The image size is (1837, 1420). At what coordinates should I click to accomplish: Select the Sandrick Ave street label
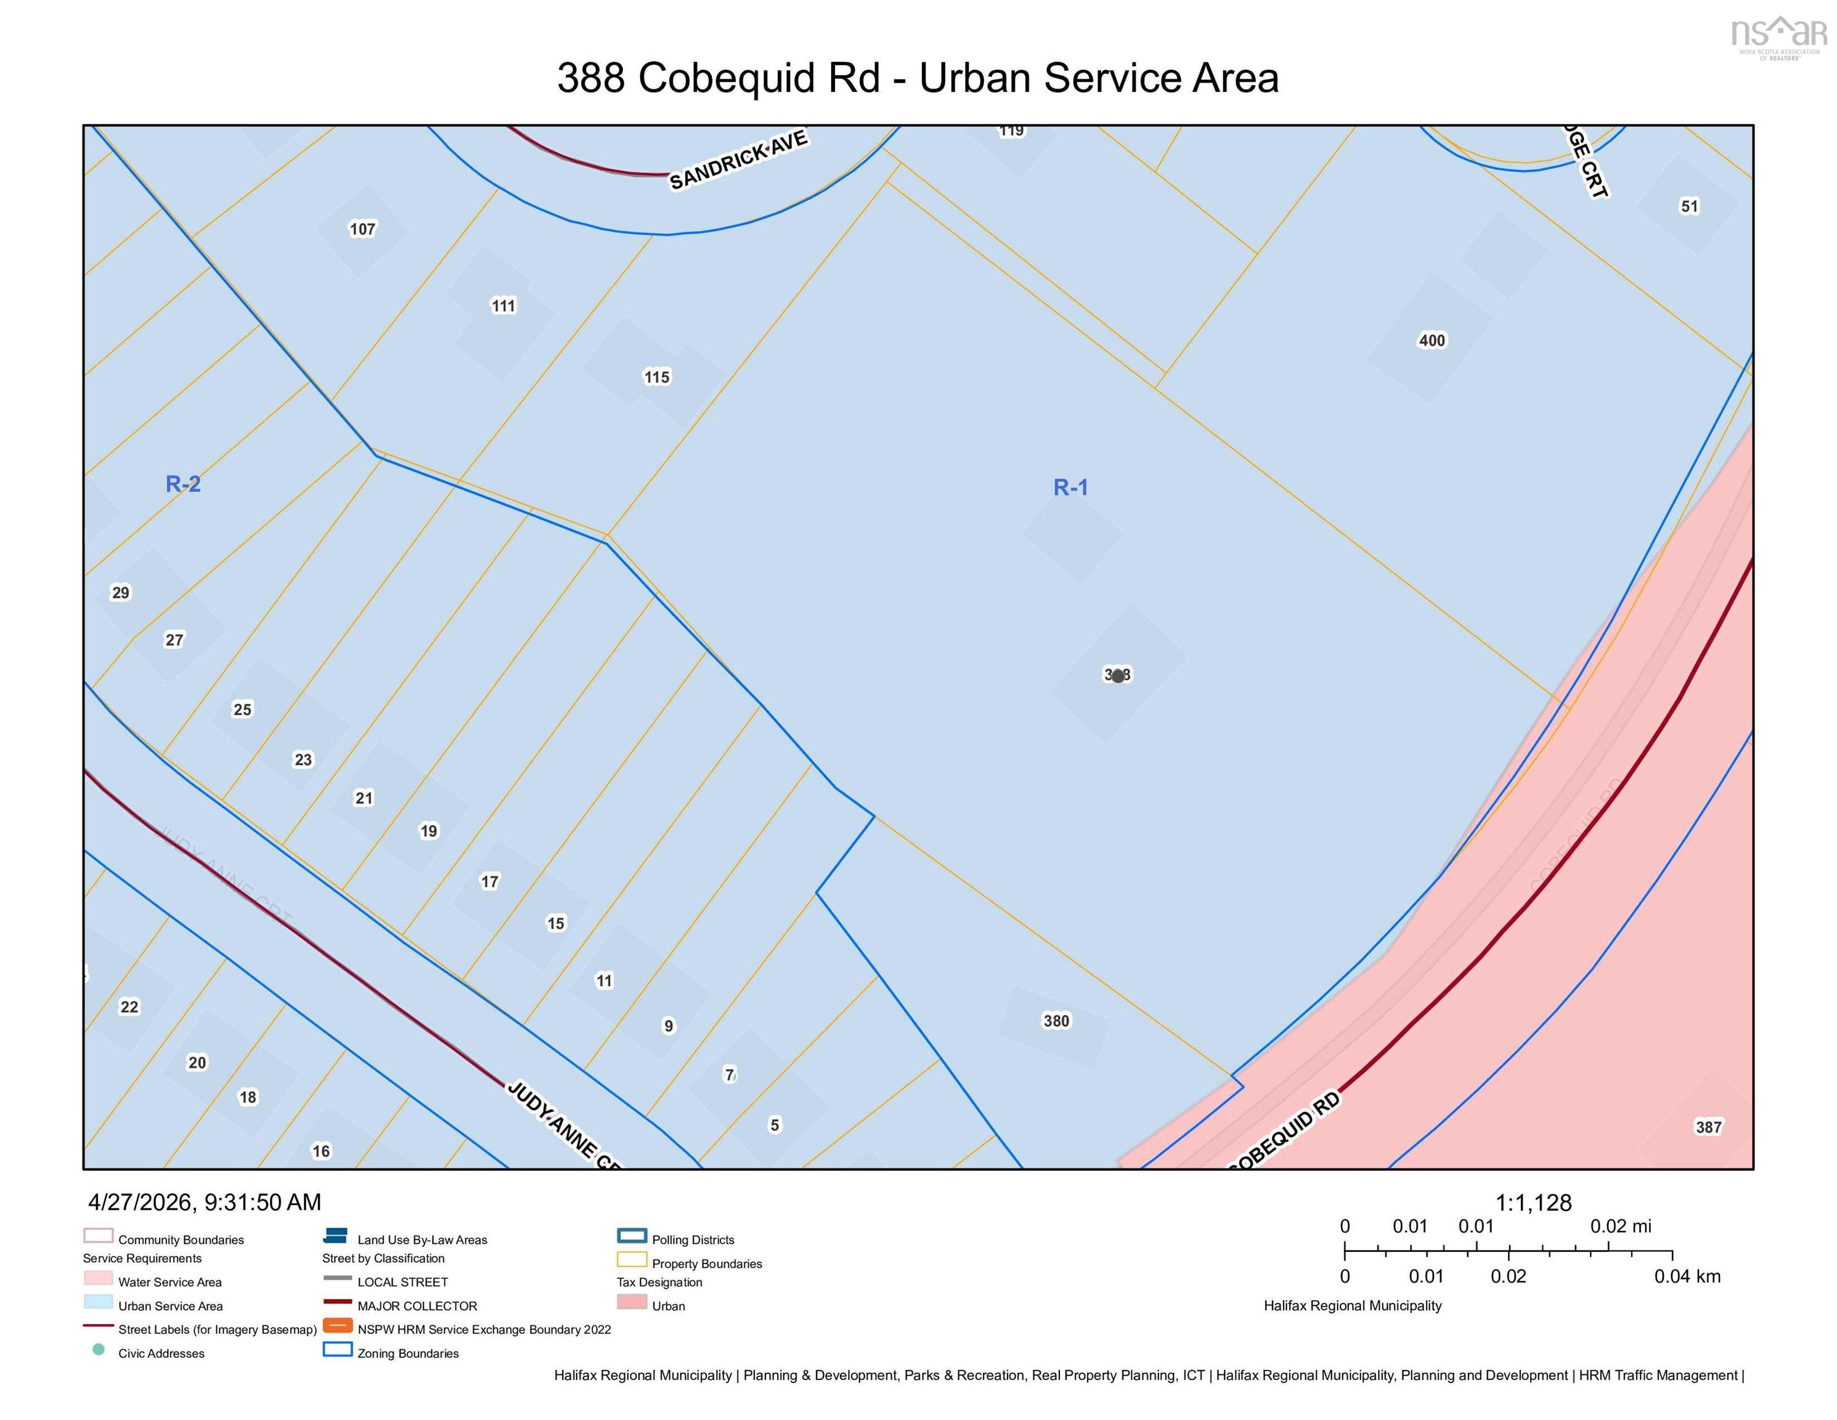738,159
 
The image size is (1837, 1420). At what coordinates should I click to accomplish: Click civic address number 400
1432,341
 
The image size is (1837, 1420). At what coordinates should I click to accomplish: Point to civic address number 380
1056,1021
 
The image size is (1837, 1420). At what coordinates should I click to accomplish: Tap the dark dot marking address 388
1118,675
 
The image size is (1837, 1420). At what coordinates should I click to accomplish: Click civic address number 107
362,229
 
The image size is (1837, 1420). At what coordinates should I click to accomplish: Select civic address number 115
657,377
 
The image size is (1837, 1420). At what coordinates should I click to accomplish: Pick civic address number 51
1689,206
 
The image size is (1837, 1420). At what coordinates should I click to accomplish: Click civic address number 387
1708,1127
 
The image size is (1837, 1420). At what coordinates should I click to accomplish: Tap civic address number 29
121,592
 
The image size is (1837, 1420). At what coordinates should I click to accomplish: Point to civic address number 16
321,1151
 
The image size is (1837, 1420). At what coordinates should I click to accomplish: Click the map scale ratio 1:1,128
1533,1203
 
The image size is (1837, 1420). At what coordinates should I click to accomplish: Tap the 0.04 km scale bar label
1687,1276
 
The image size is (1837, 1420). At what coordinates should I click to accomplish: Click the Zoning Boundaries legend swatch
337,1349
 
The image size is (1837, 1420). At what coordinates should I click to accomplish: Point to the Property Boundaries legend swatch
632,1259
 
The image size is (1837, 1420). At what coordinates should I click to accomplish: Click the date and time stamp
205,1202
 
